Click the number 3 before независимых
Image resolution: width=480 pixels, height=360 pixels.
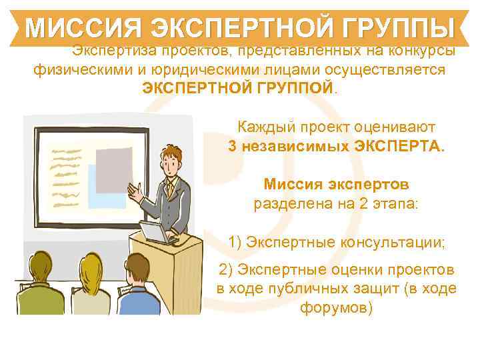point(232,145)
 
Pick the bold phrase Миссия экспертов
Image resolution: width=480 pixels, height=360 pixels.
point(336,183)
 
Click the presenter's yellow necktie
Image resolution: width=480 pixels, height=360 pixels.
point(171,189)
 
